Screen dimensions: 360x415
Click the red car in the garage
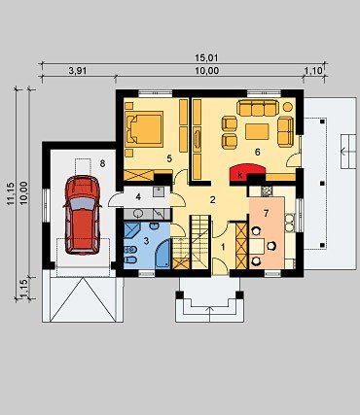(83, 215)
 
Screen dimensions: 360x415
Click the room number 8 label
(102, 164)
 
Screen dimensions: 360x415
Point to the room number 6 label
(258, 152)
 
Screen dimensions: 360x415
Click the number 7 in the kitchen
(267, 214)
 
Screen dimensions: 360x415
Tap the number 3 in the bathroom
(146, 241)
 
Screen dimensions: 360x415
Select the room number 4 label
(138, 196)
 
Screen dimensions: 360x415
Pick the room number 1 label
(223, 247)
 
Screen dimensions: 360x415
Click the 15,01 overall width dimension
(201, 58)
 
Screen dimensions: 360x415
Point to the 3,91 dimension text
(78, 71)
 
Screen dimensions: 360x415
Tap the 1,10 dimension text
(313, 71)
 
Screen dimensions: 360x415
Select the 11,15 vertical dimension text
(10, 193)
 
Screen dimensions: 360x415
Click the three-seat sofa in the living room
(258, 108)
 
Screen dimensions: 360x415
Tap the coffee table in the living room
(257, 132)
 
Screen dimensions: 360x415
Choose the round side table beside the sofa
(288, 106)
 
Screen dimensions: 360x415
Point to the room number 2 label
(212, 200)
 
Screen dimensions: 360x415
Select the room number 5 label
(169, 158)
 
